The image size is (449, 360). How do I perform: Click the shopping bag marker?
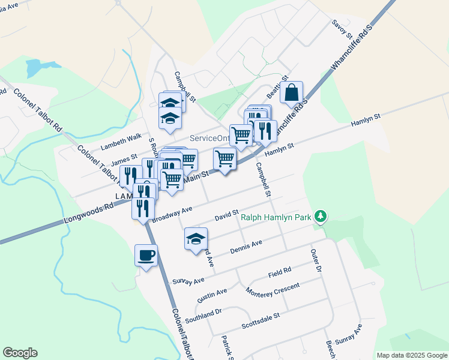tap(291, 94)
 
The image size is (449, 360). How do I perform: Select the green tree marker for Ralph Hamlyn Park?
tap(321, 216)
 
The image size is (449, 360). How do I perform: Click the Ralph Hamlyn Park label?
tap(276, 218)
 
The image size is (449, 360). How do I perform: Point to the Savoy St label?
tap(343, 29)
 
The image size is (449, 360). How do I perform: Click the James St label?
tap(125, 160)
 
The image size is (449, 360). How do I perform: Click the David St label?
tap(228, 214)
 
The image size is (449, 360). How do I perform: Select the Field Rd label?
tap(280, 273)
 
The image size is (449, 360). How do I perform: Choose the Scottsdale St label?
tap(261, 320)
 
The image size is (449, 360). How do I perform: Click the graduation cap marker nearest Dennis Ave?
tap(195, 239)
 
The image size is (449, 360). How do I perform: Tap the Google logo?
tap(20, 353)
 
